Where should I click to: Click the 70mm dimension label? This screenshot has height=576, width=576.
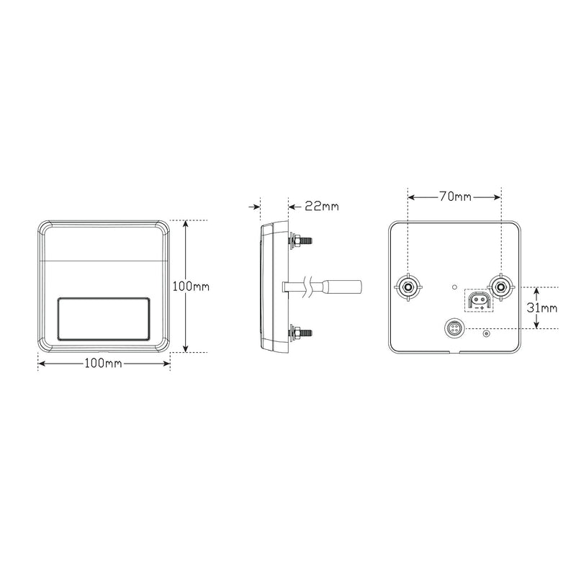[455, 197]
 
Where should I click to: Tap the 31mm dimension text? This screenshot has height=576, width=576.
[542, 308]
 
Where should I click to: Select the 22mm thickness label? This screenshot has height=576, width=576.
[322, 207]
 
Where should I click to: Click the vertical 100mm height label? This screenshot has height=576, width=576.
[191, 287]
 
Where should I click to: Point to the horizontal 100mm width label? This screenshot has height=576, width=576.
[103, 364]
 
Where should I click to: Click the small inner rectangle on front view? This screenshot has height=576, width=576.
[104, 319]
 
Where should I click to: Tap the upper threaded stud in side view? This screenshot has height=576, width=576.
[301, 241]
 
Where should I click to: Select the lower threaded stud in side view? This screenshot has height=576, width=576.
[301, 333]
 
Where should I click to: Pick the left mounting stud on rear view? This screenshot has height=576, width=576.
[408, 287]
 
